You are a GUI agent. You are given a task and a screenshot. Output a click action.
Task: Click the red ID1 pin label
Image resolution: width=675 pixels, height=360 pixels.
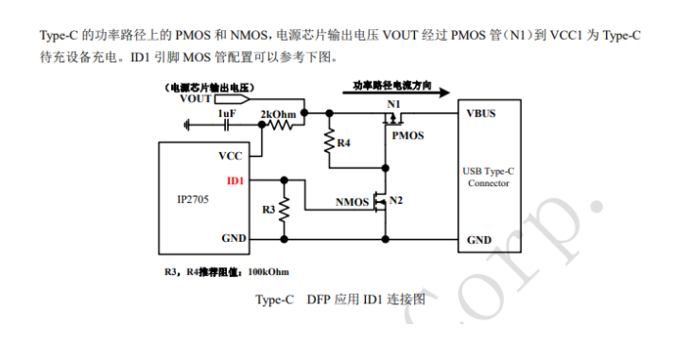pyautogui.click(x=235, y=179)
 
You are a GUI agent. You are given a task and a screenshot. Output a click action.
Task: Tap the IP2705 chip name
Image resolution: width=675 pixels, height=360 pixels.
pyautogui.click(x=193, y=200)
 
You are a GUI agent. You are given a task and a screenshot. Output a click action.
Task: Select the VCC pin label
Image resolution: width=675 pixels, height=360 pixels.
pyautogui.click(x=232, y=156)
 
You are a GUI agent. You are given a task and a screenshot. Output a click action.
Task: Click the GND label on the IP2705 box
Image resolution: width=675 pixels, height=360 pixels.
pyautogui.click(x=233, y=239)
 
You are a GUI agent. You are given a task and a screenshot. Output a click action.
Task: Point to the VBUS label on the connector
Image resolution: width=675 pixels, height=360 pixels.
pyautogui.click(x=480, y=112)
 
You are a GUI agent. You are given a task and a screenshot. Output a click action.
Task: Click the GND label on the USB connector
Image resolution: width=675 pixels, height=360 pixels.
pyautogui.click(x=478, y=240)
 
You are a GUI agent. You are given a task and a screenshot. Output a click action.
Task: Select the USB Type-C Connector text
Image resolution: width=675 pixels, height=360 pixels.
pyautogui.click(x=490, y=177)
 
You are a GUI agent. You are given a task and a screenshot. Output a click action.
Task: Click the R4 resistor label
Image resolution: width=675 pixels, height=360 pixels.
pyautogui.click(x=344, y=143)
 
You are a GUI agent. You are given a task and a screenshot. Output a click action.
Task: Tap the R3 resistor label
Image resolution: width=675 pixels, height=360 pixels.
pyautogui.click(x=268, y=209)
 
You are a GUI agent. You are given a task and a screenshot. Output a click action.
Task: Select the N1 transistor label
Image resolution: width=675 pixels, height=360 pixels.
pyautogui.click(x=394, y=102)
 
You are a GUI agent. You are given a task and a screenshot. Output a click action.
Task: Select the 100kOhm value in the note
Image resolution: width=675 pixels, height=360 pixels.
pyautogui.click(x=269, y=272)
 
